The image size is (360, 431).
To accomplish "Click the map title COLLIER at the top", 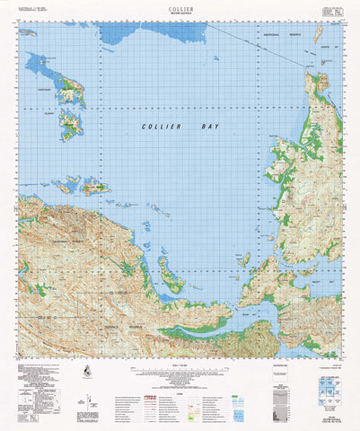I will (x=180, y=6).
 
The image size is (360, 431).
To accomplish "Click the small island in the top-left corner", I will (x=29, y=32).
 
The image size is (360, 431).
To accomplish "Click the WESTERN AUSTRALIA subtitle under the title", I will (x=180, y=13).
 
